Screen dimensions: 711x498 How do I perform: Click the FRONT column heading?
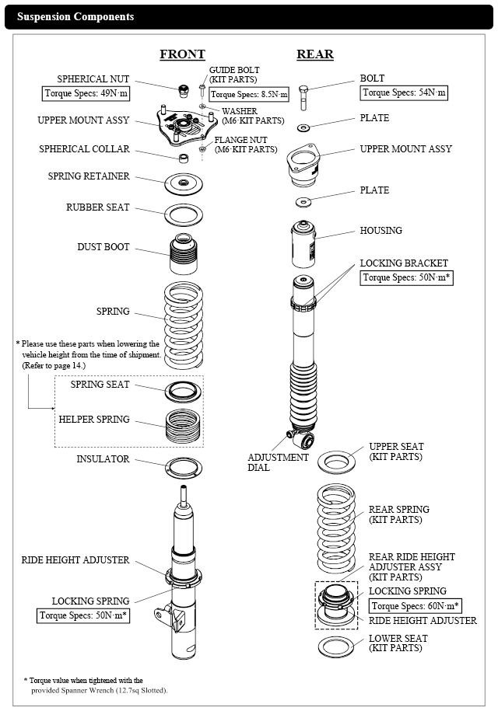tap(182, 54)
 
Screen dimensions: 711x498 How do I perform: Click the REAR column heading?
tap(315, 54)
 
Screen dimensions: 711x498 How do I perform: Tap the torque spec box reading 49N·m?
tap(85, 94)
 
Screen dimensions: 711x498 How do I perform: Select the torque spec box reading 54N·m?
tap(405, 92)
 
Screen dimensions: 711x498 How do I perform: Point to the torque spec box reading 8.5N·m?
tap(249, 95)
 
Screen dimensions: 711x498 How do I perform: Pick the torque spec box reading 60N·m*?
tap(416, 606)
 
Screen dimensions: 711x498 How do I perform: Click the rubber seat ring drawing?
tap(184, 212)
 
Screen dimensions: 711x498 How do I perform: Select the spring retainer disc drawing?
tap(184, 183)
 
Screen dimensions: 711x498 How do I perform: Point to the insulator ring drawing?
tap(184, 466)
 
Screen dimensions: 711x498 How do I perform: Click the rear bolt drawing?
tap(303, 96)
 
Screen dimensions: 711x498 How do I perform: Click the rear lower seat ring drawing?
tap(336, 646)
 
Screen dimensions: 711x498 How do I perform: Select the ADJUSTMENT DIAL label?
tap(278, 462)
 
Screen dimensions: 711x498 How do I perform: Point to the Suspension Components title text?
tap(75, 16)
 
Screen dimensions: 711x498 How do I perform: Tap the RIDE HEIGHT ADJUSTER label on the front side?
tap(75, 560)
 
